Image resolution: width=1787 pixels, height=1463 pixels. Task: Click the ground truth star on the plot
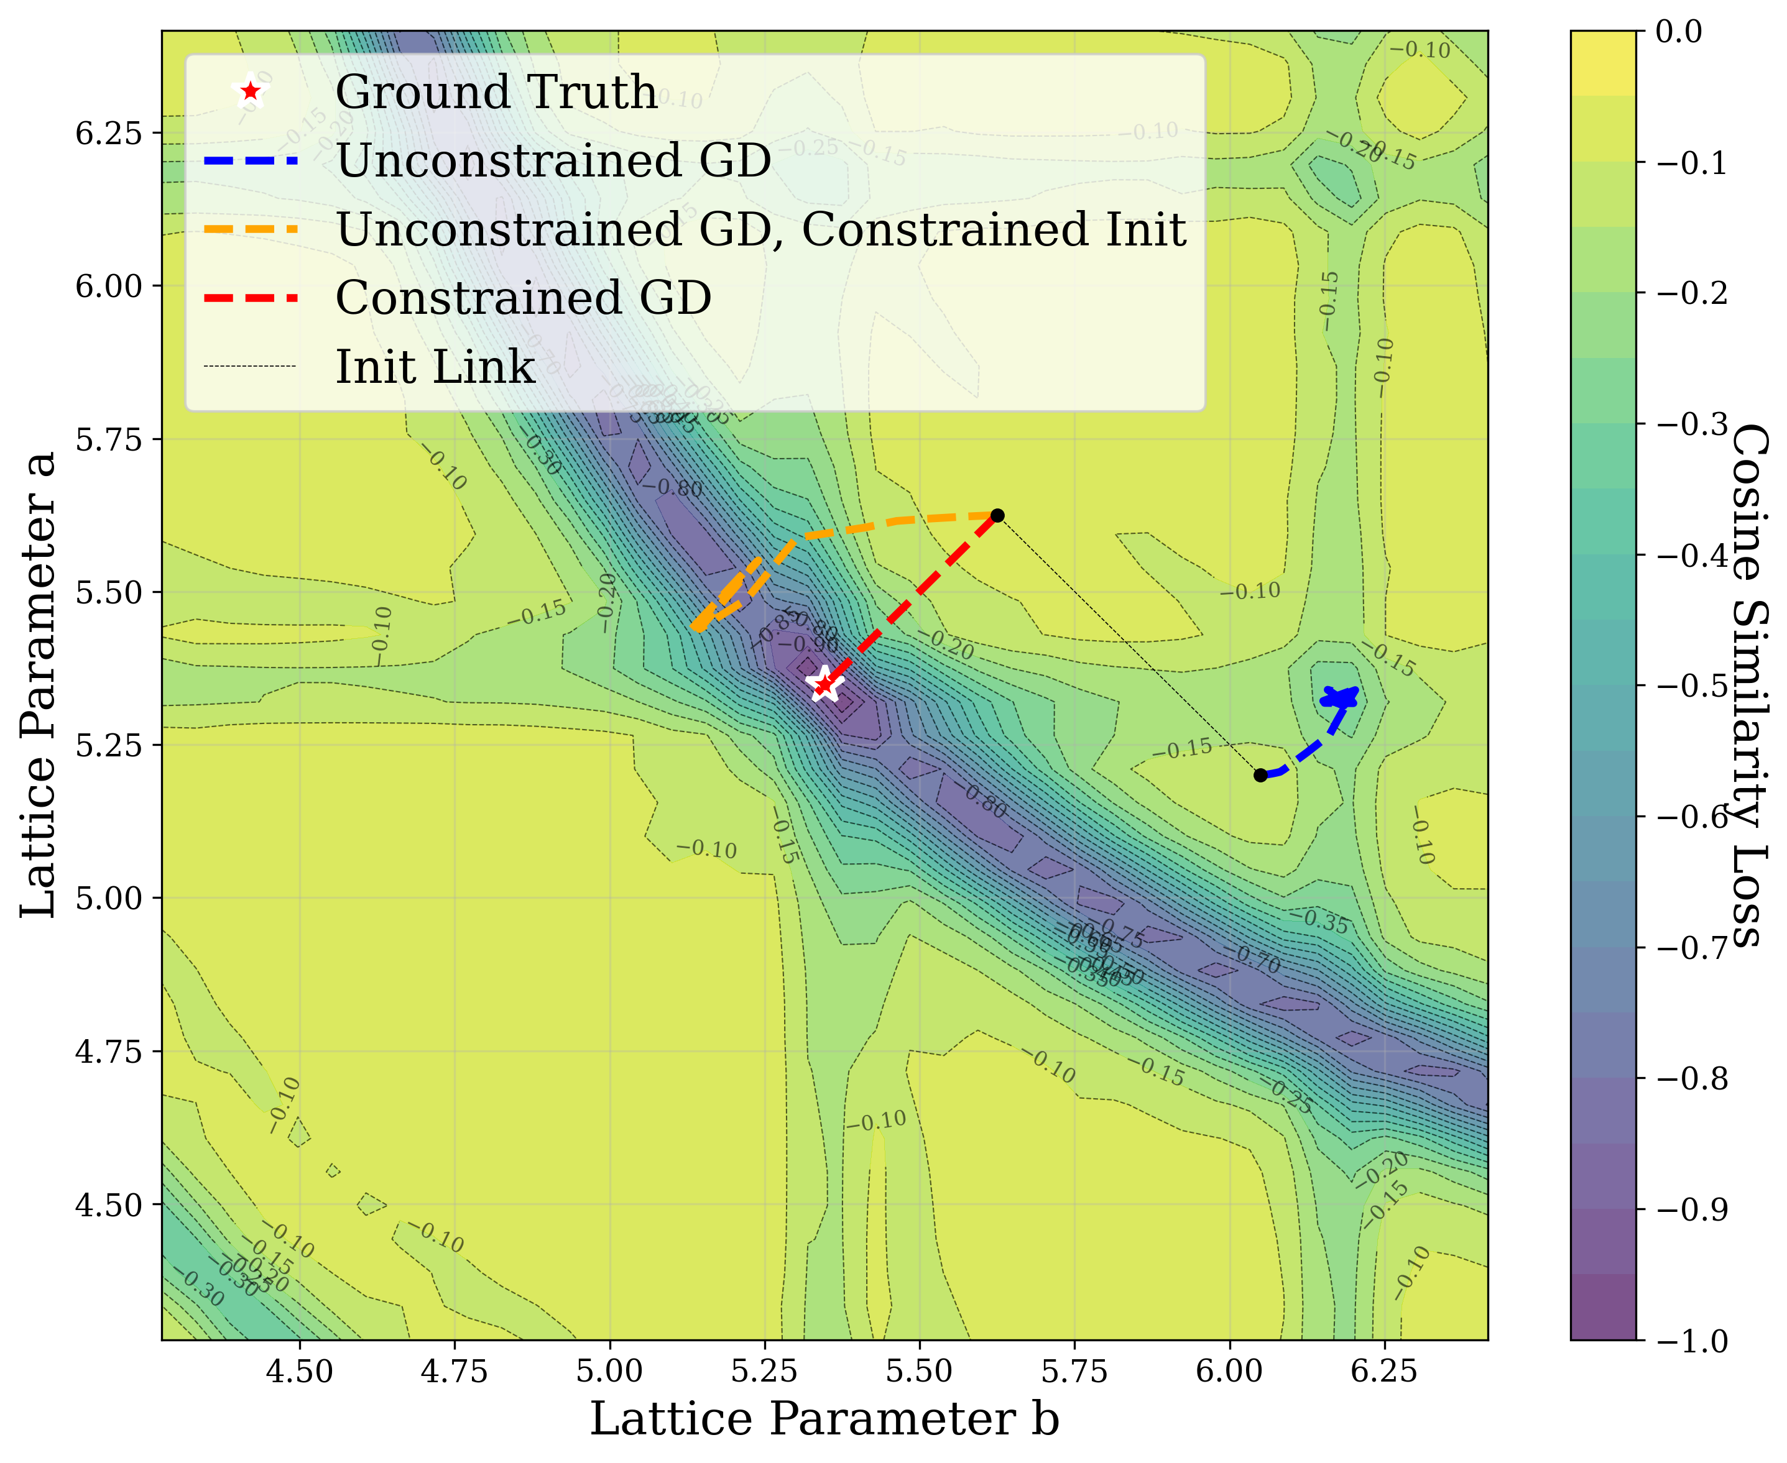point(825,684)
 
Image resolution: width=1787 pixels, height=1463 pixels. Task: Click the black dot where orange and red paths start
point(997,516)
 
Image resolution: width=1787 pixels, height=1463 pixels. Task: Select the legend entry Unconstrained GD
point(553,160)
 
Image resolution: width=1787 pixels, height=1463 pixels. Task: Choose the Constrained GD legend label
point(523,298)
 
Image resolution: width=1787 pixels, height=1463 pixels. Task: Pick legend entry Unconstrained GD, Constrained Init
point(760,229)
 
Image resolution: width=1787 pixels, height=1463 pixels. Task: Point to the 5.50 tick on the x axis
point(919,1371)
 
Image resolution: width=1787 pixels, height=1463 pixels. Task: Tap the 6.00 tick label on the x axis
point(1229,1371)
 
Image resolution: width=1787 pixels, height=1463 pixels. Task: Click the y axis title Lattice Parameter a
point(39,684)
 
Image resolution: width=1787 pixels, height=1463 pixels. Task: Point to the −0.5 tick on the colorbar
point(1691,686)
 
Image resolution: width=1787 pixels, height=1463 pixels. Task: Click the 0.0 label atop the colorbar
point(1678,32)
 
